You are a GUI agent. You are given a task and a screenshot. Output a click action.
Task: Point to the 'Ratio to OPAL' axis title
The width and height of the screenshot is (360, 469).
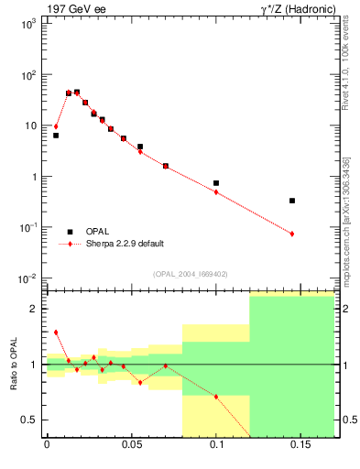pos(14,364)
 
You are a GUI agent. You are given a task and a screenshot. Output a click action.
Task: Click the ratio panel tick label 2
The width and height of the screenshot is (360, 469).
pos(34,309)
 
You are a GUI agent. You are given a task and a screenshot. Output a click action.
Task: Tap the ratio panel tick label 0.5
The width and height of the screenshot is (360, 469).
pos(31,420)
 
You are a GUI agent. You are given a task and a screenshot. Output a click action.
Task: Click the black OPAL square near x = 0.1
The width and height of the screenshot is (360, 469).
pos(216,183)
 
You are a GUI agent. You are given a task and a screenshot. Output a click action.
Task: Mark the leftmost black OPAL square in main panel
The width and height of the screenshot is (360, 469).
pos(56,136)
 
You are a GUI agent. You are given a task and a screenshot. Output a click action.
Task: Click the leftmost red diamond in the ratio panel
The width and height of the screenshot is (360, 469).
pos(56,333)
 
